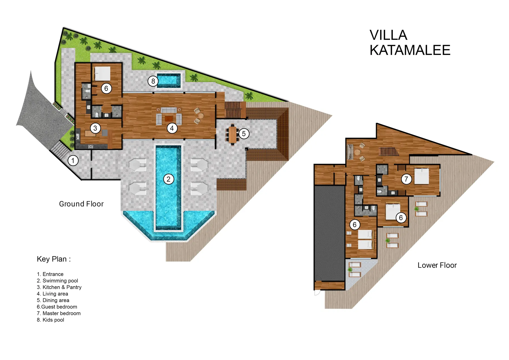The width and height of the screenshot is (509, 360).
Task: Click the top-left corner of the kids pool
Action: tap(157, 74)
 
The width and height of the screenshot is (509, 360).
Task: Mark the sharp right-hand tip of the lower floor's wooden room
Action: tap(472, 154)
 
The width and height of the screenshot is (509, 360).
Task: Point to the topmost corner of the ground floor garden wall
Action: tap(63, 27)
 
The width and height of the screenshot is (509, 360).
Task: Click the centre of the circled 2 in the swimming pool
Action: tap(169, 179)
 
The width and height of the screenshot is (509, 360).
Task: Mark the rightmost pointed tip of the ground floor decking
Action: tap(332, 115)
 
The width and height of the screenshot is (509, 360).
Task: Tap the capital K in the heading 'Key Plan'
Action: tap(39, 259)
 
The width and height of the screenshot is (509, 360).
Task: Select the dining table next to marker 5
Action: tap(232, 135)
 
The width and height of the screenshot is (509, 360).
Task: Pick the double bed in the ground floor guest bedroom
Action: tap(102, 74)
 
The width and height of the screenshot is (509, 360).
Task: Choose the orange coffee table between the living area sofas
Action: tap(169, 118)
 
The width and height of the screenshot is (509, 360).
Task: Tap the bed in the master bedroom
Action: tap(421, 176)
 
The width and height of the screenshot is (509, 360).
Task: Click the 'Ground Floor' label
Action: tap(81, 204)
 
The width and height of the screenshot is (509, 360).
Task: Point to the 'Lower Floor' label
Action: tap(437, 265)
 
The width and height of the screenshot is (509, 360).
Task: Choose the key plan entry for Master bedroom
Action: tap(59, 313)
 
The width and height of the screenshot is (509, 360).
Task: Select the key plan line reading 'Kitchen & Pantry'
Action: tap(59, 287)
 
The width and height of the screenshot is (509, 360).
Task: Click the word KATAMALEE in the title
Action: tap(410, 50)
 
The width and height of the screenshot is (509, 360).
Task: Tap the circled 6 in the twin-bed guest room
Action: tap(355, 225)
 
